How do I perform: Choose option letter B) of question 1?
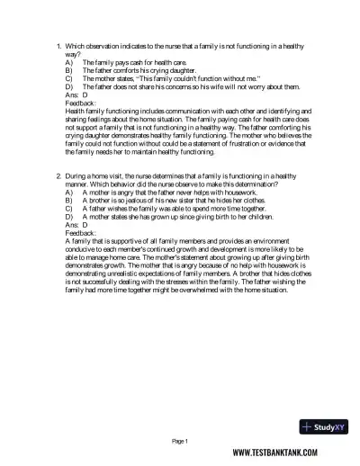pyautogui.click(x=69, y=68)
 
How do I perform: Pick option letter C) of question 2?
pyautogui.click(x=69, y=208)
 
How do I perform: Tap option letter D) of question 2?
pyautogui.click(x=69, y=216)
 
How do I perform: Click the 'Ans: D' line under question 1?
pyautogui.click(x=76, y=94)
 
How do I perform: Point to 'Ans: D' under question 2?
pyautogui.click(x=76, y=224)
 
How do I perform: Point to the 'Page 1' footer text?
pyautogui.click(x=179, y=442)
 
